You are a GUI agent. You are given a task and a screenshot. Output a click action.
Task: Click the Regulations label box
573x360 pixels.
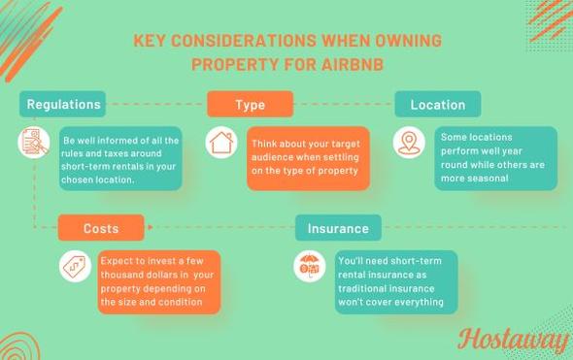62,104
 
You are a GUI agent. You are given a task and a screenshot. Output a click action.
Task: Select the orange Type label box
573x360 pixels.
250,104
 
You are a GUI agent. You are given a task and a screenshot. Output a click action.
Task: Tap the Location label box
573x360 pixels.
437,104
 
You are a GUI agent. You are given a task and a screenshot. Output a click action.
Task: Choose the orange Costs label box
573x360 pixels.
101,228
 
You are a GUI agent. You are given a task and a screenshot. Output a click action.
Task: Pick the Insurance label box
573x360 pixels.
338,228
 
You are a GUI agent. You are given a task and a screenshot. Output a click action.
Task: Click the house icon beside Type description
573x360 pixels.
221,143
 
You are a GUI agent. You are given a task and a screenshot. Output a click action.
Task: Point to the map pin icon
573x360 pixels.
409,143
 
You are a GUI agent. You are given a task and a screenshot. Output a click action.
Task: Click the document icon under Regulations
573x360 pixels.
34,143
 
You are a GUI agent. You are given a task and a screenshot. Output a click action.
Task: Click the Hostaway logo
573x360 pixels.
512,342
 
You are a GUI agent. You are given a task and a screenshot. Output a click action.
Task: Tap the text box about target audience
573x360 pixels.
295,157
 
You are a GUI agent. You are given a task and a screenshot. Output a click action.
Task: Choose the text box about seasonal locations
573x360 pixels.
494,158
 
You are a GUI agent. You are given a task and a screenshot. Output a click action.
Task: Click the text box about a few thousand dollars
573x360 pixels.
157,281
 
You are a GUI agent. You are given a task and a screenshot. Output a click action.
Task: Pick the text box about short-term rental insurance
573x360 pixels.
395,281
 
